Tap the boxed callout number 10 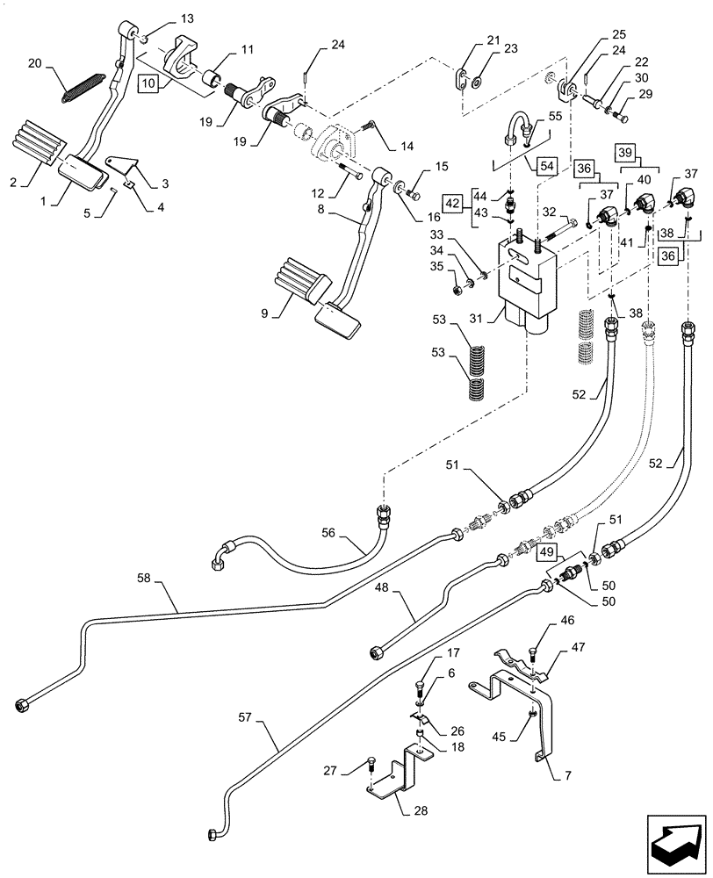coord(148,83)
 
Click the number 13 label coord(189,18)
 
